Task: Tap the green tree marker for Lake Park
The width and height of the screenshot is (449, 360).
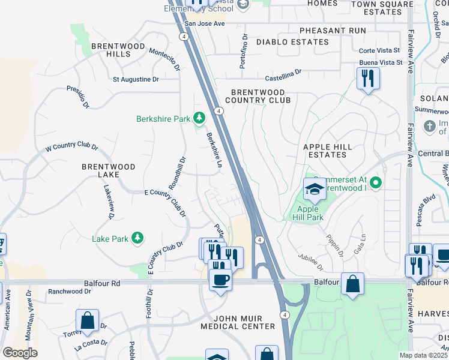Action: pos(138,239)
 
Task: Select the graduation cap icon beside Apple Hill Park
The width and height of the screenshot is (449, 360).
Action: pos(315,190)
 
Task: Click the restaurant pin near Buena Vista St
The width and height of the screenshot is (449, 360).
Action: pos(368,78)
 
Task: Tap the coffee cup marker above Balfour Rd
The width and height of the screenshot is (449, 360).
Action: pos(220,279)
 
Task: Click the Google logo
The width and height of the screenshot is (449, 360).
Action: pos(20,353)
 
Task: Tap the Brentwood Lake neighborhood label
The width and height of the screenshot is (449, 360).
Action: pos(109,170)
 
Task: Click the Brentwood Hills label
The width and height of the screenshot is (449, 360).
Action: pos(118,50)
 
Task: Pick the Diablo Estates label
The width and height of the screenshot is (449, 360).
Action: pos(292,42)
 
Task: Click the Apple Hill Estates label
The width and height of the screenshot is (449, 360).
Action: pos(325,151)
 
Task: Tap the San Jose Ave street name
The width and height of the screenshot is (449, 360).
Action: pos(204,24)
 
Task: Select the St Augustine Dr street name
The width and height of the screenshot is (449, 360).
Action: pos(136,79)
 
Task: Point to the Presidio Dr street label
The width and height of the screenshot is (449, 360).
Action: pos(77,97)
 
